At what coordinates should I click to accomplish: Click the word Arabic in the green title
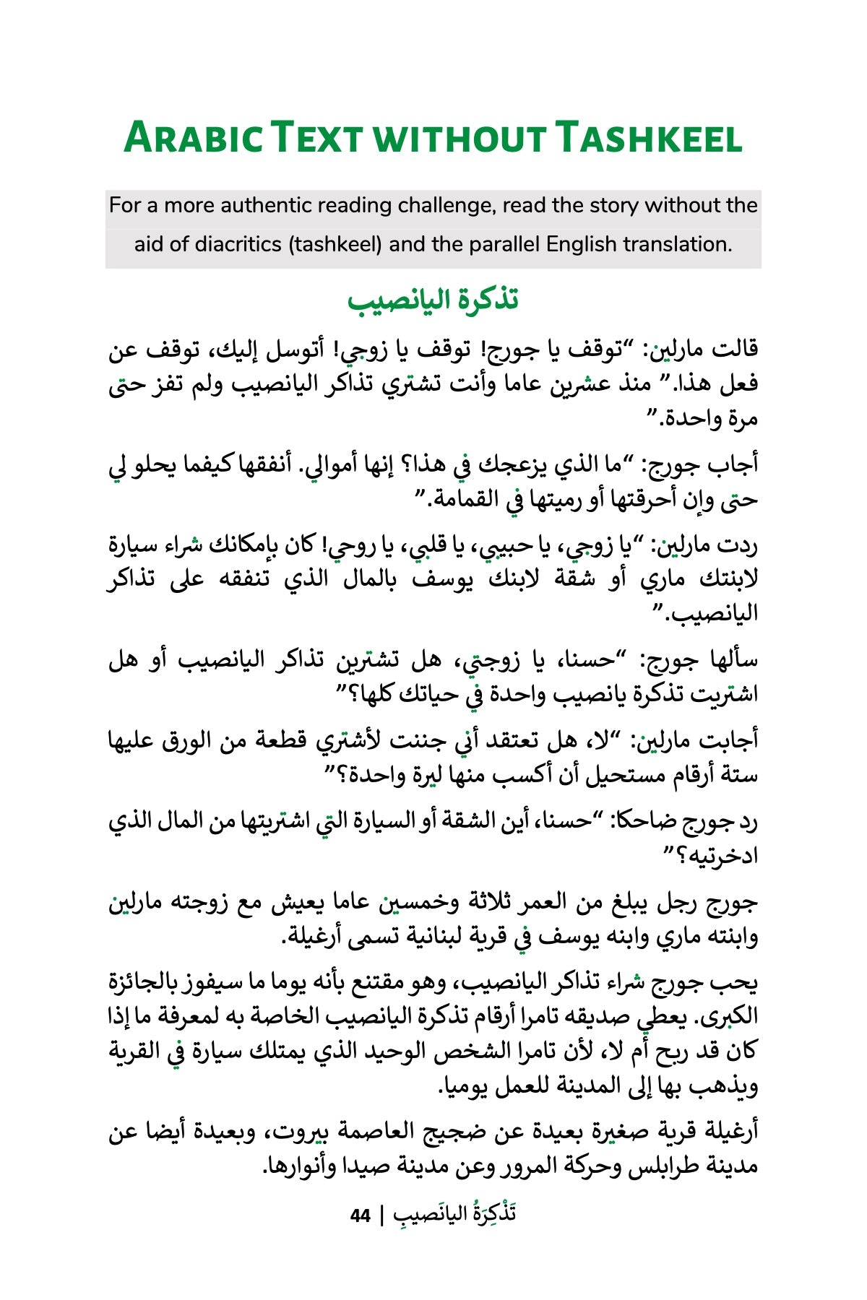coord(194,137)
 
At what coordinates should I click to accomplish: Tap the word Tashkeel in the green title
coord(648,137)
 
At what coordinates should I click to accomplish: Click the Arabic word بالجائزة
coord(148,983)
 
